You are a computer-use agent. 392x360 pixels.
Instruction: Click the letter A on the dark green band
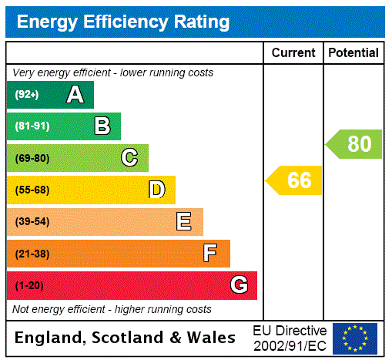tap(75, 95)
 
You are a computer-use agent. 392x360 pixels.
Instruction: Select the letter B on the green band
tap(102, 126)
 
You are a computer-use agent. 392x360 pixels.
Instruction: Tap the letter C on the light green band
tap(129, 158)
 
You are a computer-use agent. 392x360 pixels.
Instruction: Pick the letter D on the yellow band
tap(156, 190)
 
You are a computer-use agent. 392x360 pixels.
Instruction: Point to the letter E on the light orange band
tap(184, 222)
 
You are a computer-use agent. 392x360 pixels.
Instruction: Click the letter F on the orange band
tap(210, 254)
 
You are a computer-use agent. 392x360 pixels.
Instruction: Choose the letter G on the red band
tap(239, 285)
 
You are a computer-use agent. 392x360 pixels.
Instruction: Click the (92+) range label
tap(27, 95)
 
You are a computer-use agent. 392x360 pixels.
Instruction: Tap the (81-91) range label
tap(32, 126)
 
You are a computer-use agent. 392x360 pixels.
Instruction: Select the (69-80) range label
tap(32, 158)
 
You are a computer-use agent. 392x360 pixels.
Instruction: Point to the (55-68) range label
tap(32, 190)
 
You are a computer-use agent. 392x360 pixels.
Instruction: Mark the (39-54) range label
tap(32, 222)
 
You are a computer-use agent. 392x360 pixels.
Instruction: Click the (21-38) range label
tap(32, 254)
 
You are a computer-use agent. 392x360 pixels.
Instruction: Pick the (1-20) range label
tap(29, 285)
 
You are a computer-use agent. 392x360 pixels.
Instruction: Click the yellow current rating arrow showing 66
tap(295, 180)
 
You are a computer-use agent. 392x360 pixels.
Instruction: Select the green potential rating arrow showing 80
tap(355, 144)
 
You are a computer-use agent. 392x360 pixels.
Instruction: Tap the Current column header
tap(293, 53)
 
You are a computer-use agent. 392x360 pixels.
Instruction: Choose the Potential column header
tap(353, 53)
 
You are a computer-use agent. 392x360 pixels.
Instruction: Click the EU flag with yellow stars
tap(355, 338)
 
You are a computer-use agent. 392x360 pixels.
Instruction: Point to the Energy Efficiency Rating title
tap(123, 22)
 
